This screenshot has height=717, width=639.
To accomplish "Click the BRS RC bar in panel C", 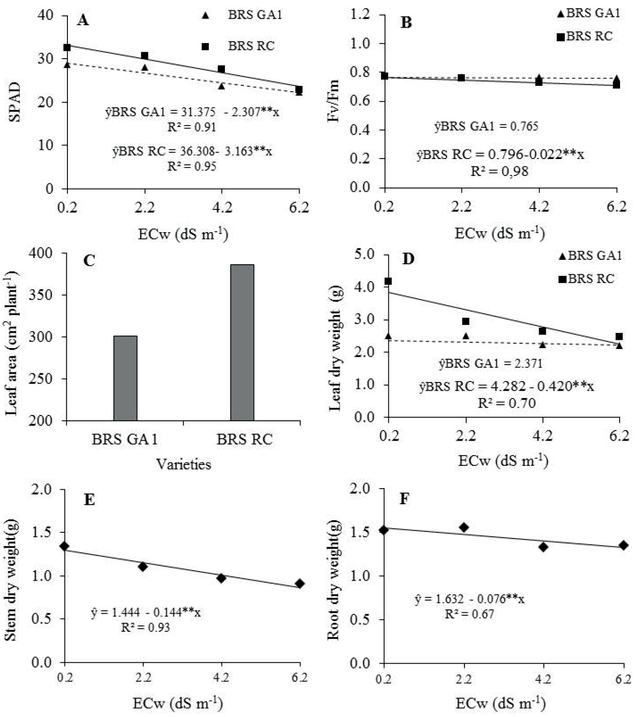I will [x=242, y=342].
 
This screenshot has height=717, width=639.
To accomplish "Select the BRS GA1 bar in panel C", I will [x=125, y=378].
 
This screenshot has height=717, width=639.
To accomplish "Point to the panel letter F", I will [x=404, y=498].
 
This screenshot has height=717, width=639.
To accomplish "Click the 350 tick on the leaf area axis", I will [x=42, y=295].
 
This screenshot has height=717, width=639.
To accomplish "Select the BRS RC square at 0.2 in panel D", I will [x=388, y=281].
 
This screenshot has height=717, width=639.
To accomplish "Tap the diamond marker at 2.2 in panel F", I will [x=464, y=527].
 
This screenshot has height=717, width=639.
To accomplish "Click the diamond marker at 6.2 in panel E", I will [x=300, y=583].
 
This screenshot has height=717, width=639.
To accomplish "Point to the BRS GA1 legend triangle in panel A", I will [x=205, y=16].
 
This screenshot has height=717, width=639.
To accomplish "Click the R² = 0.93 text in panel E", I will [x=145, y=627].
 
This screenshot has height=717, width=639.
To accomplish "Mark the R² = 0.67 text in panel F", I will [x=469, y=614].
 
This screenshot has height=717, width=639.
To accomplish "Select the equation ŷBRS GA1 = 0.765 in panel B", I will [x=486, y=127].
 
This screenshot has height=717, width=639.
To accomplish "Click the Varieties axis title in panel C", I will [x=183, y=464].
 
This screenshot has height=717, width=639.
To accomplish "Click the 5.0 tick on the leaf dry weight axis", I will [x=365, y=254].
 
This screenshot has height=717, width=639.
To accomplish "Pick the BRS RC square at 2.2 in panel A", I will [x=144, y=56].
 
